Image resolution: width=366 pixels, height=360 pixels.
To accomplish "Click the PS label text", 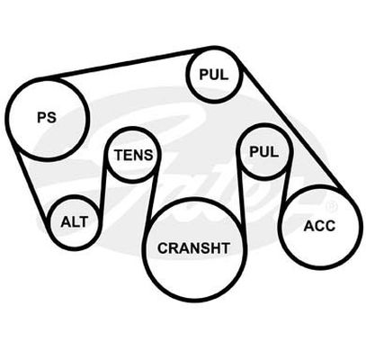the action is point(47,117).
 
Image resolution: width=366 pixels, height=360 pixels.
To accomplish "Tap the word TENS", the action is point(134,155).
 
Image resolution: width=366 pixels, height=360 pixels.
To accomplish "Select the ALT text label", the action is point(74,222).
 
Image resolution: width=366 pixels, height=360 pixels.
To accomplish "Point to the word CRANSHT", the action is point(193,248).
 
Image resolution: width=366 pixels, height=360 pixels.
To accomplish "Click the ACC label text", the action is point(319,226).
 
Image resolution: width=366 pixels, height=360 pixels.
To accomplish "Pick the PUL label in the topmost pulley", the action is point(214,74).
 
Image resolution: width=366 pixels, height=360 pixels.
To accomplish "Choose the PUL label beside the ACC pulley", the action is point(264,152).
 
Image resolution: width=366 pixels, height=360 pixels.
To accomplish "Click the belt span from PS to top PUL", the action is point(126,64).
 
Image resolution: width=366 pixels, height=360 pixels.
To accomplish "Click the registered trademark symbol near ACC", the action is point(333,206).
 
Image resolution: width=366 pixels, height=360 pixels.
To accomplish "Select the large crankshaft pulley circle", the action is point(144,249).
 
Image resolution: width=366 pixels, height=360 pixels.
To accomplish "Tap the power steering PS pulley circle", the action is point(6,119).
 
